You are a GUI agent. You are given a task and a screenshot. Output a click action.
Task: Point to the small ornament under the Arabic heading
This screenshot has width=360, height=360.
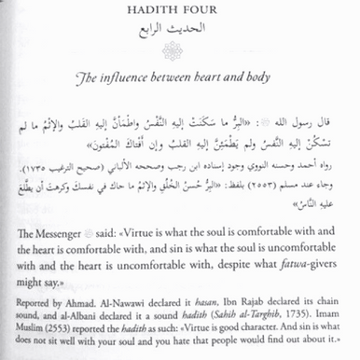point(180,48)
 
